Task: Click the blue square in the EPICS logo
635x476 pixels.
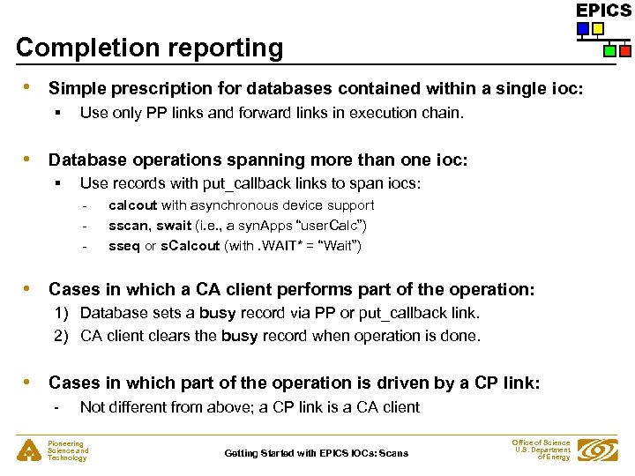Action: point(582,28)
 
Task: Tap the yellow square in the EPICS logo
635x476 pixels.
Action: point(597,28)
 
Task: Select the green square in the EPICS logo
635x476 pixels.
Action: point(609,51)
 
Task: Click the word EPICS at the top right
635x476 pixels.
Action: point(603,10)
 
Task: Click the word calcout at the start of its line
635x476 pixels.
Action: point(132,205)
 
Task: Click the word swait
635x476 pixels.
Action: point(174,226)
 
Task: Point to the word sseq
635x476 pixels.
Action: point(123,246)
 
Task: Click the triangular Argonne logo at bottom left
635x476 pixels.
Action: point(27,450)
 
